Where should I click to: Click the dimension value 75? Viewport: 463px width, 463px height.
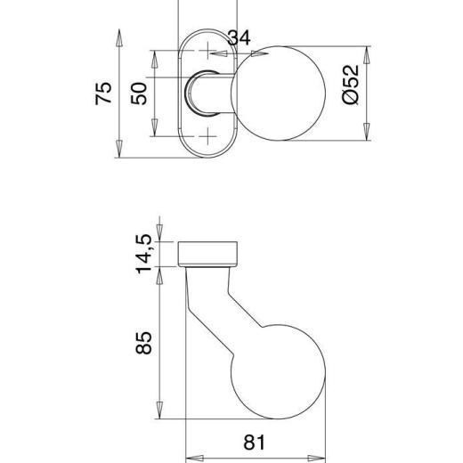pos(104,93)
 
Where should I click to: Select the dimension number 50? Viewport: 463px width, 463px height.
pos(140,93)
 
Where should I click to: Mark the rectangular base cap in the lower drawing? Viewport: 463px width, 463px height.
pos(210,253)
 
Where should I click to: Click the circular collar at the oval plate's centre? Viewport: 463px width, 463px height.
pos(198,93)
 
